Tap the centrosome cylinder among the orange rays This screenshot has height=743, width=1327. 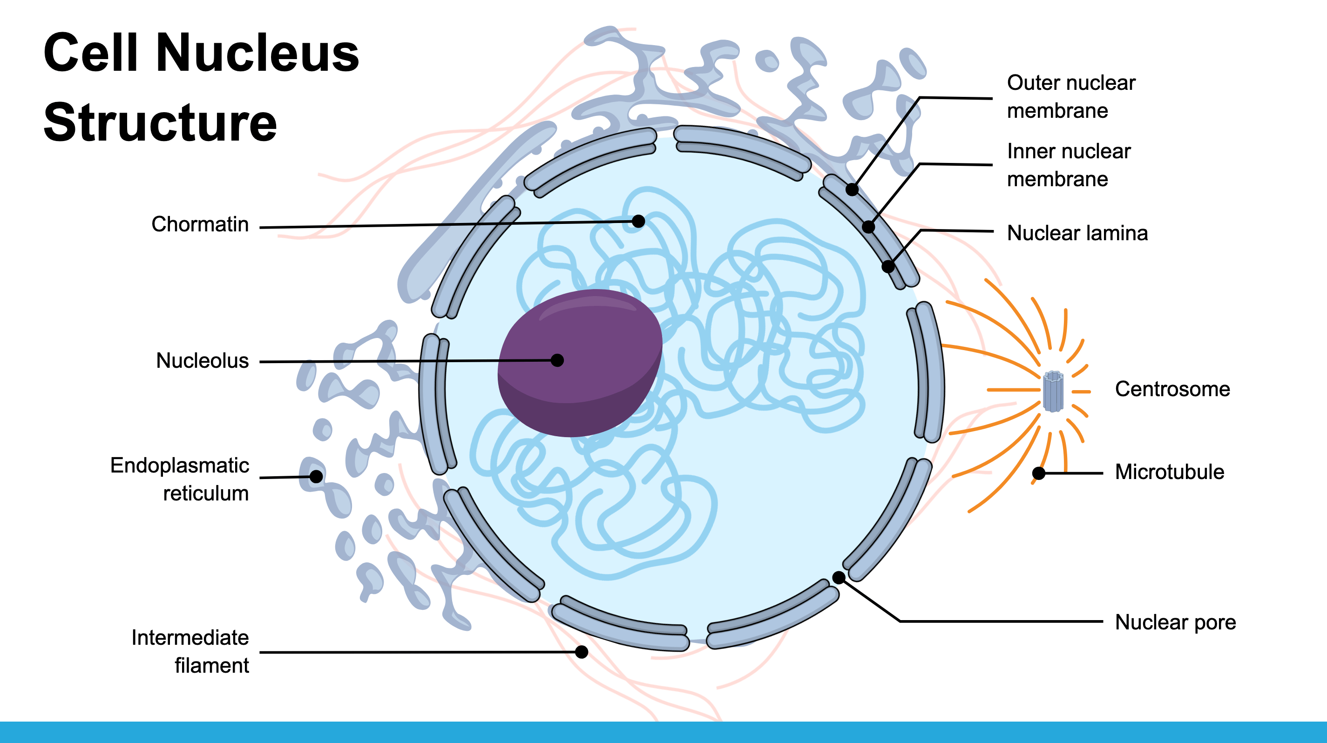coord(1053,392)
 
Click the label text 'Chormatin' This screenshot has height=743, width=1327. coord(200,224)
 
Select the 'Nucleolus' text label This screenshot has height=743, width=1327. coord(203,360)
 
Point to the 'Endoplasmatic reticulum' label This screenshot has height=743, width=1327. coord(180,480)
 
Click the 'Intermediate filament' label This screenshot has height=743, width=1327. coord(190,651)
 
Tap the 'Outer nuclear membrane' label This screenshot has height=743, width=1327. coord(1070,97)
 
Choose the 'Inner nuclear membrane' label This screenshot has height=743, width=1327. coord(1069,165)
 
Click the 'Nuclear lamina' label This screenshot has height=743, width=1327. coord(1077,233)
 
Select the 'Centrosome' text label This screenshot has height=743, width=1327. coord(1172,389)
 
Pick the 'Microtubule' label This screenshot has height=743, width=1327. coord(1169,472)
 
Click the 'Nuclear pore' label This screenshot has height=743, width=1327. coord(1175,622)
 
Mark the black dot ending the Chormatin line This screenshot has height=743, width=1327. coord(638,222)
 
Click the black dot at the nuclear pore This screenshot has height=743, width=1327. coord(839,578)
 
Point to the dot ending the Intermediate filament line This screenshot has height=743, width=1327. coord(582,652)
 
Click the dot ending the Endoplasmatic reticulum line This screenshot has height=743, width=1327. coord(316,477)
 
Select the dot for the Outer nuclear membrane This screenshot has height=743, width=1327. coord(852,189)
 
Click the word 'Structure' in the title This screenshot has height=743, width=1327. coord(160,122)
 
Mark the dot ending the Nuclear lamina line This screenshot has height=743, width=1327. coord(887,267)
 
